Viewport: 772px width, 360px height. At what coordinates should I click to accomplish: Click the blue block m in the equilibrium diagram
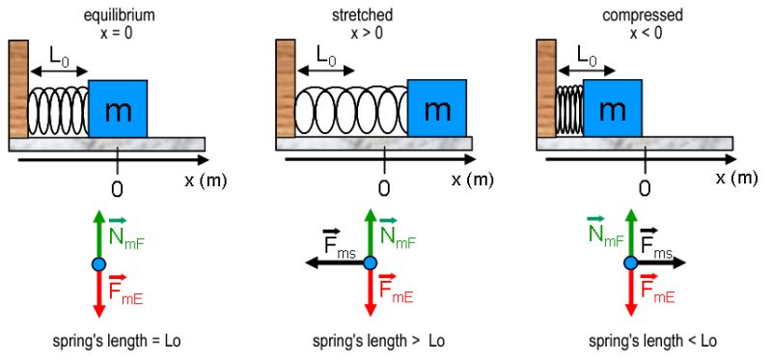pos(118,109)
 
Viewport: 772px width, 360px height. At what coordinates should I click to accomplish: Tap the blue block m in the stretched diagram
pos(437,109)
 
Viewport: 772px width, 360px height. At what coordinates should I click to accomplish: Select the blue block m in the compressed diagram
pos(613,109)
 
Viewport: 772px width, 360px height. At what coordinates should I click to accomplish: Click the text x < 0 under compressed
pos(644,33)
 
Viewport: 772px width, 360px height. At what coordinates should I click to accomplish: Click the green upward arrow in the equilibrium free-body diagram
pos(98,235)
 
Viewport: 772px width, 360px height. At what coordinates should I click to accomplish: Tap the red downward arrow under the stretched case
pos(368,293)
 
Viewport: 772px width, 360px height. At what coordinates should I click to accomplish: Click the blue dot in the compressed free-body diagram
pos(629,263)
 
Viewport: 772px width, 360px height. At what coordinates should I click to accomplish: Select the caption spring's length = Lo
pos(118,341)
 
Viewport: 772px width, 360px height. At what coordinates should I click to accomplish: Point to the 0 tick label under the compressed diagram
pos(644,186)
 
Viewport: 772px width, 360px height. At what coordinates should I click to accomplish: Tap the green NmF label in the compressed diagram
pos(604,235)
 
